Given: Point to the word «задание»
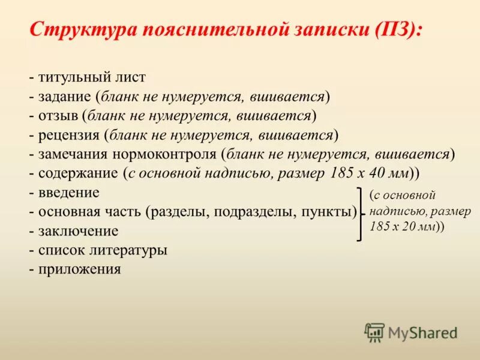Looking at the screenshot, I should pos(65,97).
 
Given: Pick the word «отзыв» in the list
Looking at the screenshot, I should pos(59,116).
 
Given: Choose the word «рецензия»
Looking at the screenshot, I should pos(69,135).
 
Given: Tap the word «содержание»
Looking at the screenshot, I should pos(78,173).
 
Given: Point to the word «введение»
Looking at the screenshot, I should pos(69,193).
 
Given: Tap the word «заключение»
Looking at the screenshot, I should pos(78,231).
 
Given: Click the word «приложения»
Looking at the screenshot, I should pos(80,269).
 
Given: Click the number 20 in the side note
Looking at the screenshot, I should pos(404,227).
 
